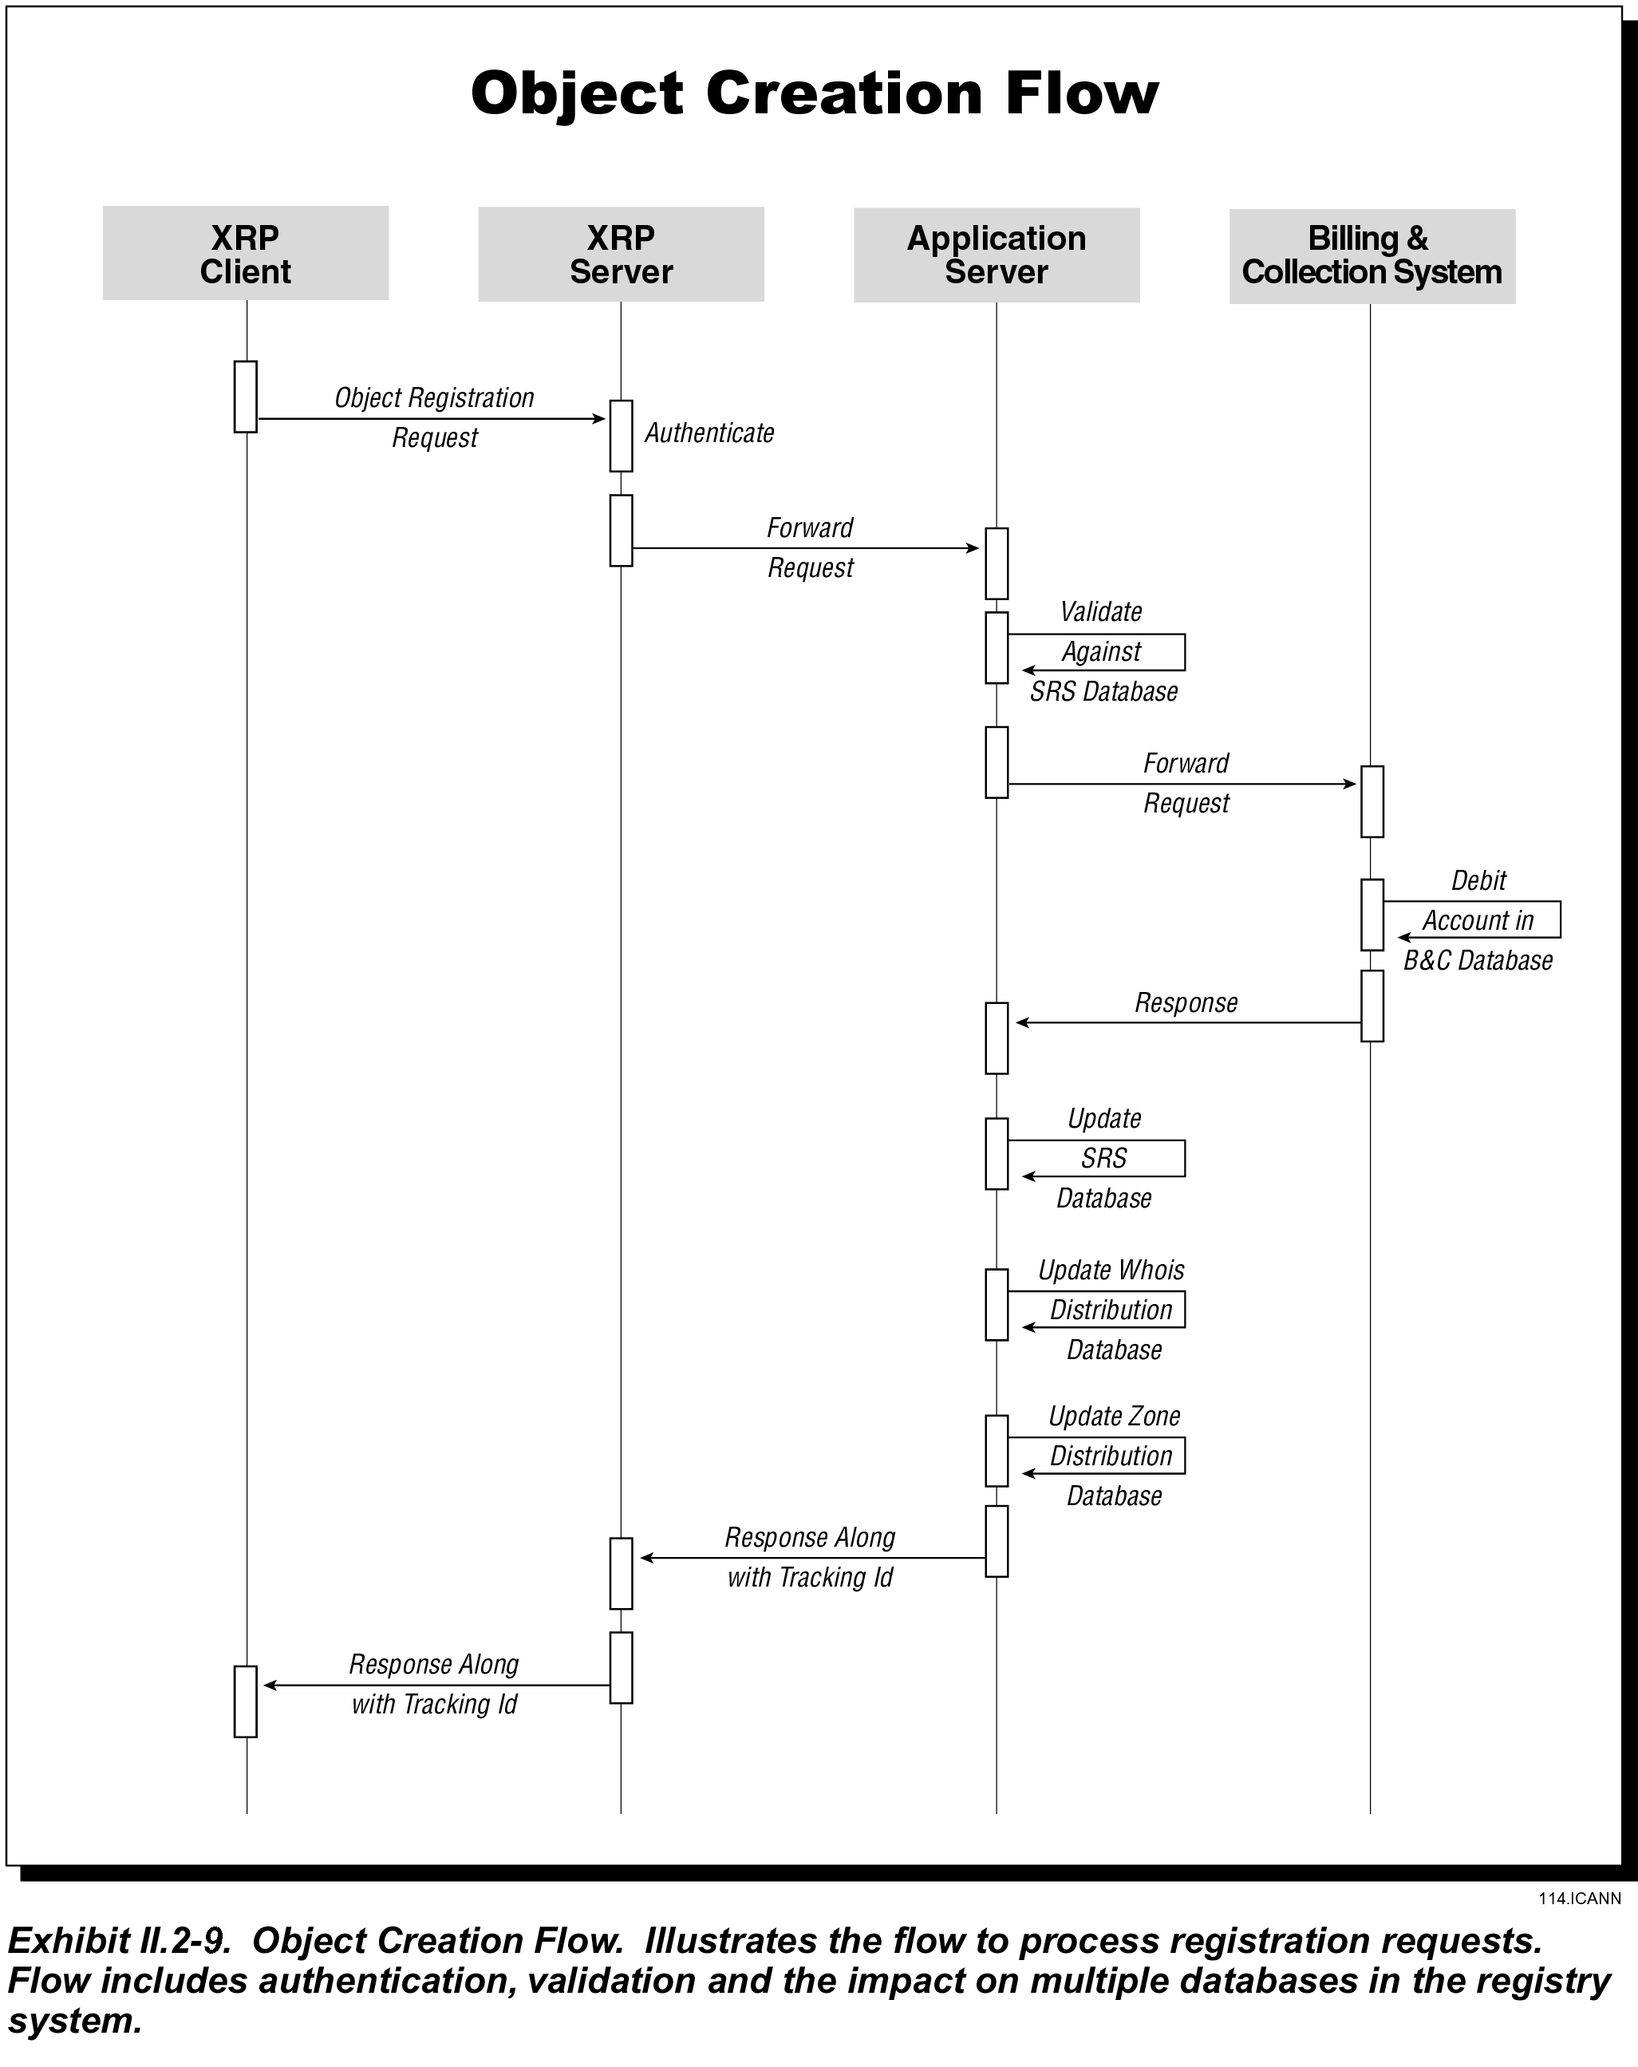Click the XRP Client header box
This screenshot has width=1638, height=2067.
click(246, 253)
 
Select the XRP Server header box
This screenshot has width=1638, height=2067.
click(621, 254)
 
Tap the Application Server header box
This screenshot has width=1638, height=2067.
click(997, 255)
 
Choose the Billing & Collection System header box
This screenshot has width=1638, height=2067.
click(1372, 256)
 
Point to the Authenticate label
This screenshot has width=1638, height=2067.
click(709, 433)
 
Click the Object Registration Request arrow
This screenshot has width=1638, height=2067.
click(432, 419)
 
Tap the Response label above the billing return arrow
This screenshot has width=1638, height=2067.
click(1186, 1003)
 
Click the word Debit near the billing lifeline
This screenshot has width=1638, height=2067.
click(1479, 880)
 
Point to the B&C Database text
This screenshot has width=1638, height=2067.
click(1478, 961)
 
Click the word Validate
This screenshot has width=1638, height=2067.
click(1101, 611)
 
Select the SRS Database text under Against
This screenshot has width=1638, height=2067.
click(1104, 691)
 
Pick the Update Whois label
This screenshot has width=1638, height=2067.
click(1111, 1271)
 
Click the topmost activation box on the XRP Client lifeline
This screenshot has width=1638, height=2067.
click(246, 397)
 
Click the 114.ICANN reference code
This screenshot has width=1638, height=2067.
click(1581, 1899)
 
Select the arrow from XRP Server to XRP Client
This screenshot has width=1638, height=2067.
click(437, 1686)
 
